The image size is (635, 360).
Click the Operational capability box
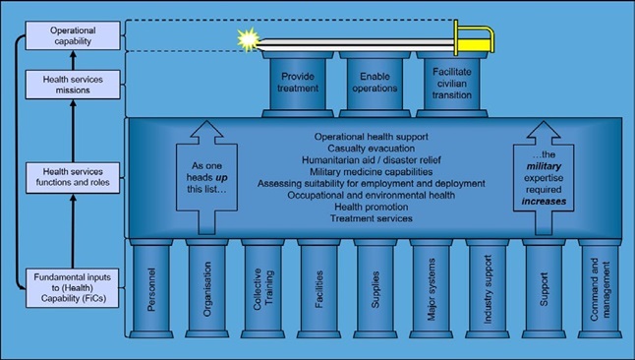[73, 35]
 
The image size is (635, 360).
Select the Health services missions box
[73, 85]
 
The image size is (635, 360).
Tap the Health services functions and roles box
[73, 177]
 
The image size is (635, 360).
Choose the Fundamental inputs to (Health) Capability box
[73, 288]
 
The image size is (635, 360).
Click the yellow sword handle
[474, 40]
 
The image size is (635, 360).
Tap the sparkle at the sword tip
[248, 39]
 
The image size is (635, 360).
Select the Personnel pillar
[151, 288]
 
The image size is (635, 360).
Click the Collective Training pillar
[262, 288]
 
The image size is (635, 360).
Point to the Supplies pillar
[375, 288]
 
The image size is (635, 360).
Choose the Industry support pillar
[488, 288]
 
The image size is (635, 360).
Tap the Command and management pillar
[600, 288]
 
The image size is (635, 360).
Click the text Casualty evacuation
[372, 149]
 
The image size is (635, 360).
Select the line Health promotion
[372, 207]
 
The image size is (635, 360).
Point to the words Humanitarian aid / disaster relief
[372, 160]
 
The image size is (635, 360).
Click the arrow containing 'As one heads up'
[206, 177]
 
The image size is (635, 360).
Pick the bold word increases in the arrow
[544, 201]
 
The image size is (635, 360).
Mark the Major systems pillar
[431, 288]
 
